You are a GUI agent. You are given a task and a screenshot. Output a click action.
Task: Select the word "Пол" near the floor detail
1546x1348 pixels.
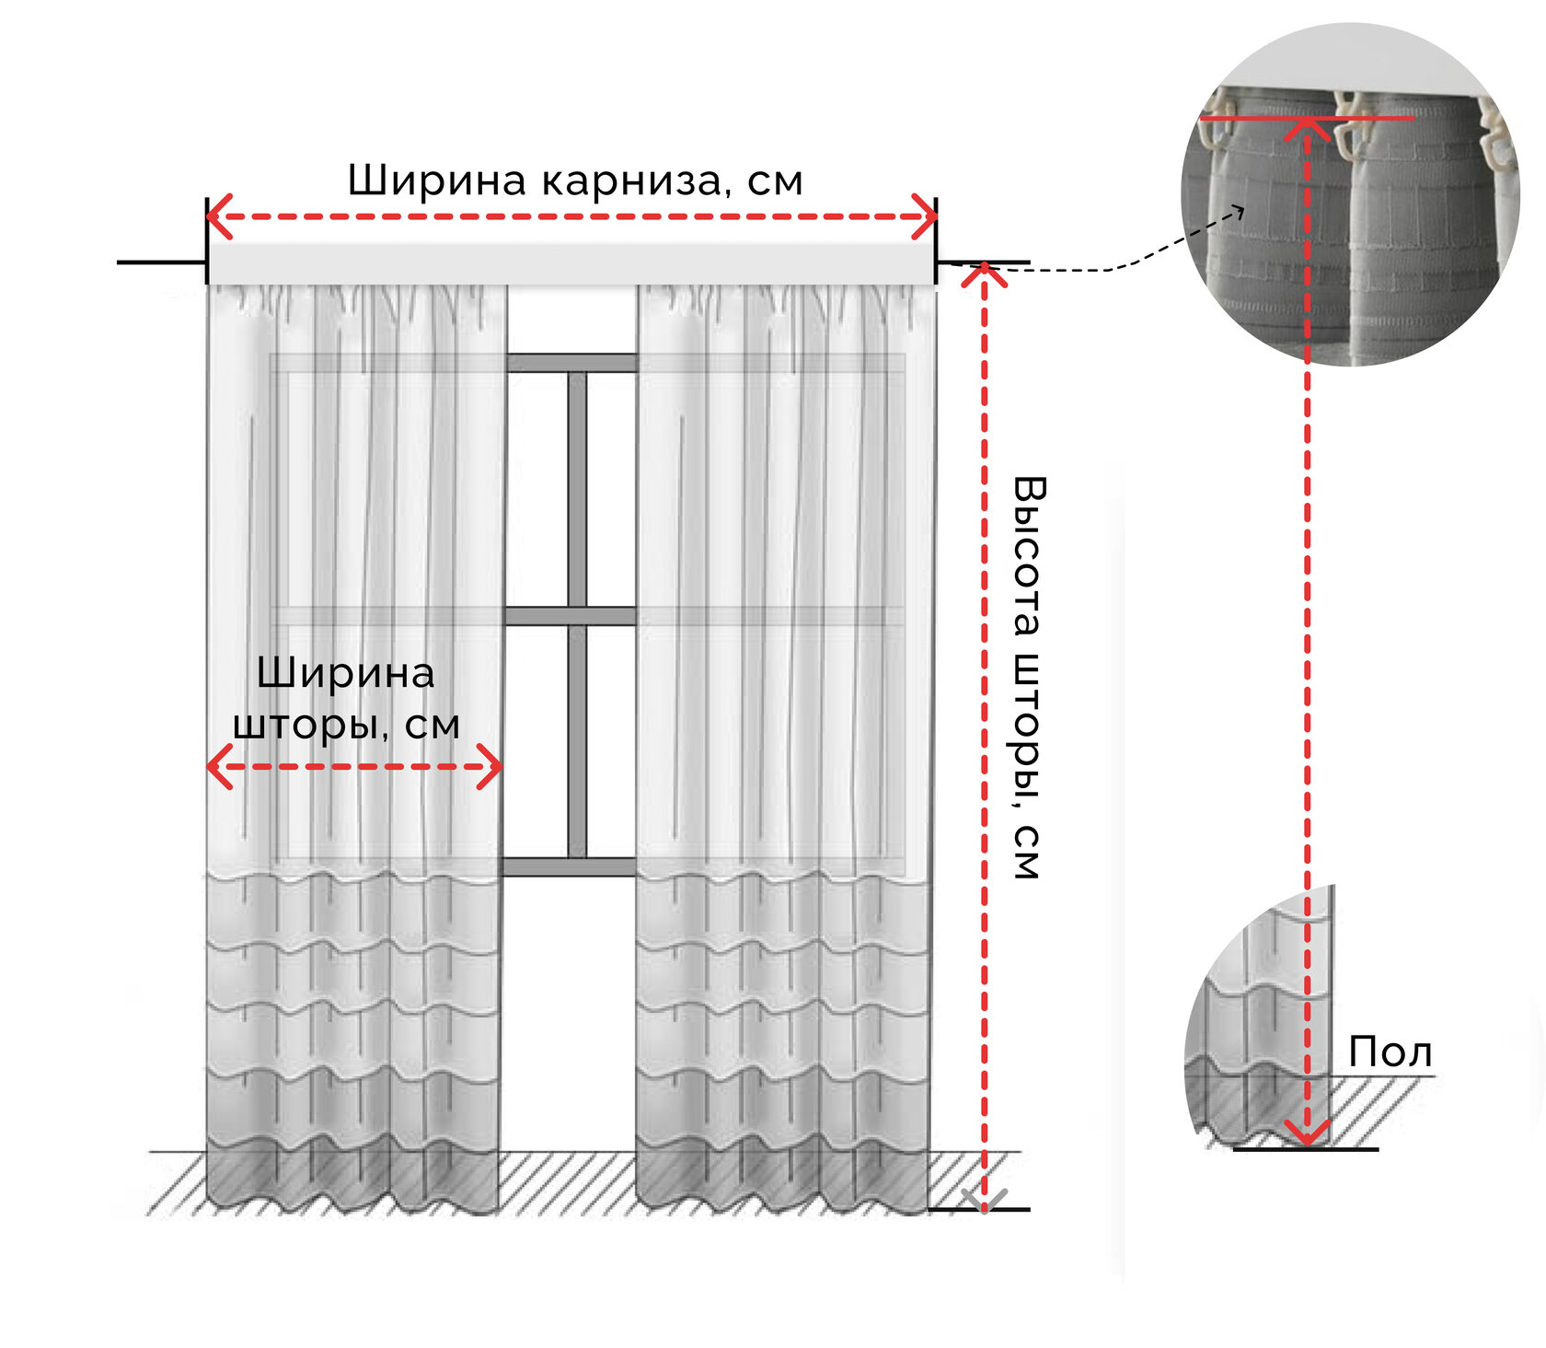click(1390, 1052)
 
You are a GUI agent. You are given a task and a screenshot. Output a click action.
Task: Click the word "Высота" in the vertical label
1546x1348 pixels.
click(1029, 556)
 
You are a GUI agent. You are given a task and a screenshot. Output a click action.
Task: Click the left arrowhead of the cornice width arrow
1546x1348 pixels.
click(217, 217)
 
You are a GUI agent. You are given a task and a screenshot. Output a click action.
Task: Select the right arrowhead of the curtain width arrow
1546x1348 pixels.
click(491, 767)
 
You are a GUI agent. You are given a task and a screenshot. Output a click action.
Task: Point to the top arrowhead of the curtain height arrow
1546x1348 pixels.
click(984, 274)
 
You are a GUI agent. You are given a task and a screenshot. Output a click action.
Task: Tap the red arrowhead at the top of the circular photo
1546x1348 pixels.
click(1306, 128)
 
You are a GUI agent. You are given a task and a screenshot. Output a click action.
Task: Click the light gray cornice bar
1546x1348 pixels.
click(571, 264)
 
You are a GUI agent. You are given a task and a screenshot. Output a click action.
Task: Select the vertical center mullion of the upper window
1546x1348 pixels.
click(577, 488)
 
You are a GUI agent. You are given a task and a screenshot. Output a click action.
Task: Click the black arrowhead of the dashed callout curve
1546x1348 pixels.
click(1239, 213)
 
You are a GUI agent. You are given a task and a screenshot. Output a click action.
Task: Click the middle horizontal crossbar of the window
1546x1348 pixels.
click(571, 616)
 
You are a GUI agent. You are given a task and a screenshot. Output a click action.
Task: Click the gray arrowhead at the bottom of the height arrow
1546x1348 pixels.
click(983, 1201)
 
